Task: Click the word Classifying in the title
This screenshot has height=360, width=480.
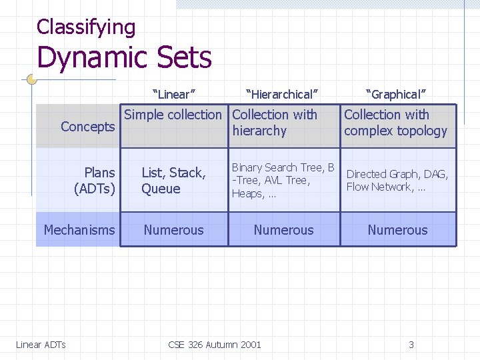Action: coord(86,27)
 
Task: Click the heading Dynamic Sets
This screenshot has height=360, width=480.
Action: coord(124,57)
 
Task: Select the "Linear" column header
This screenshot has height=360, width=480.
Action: coord(174,94)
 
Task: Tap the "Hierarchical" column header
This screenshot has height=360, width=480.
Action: coord(282,94)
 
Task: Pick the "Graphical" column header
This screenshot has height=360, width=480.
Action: coord(396,94)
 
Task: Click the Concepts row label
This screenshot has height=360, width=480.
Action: coord(87,127)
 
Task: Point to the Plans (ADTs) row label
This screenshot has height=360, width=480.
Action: coord(95,181)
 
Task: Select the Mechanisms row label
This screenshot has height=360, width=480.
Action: coord(79,230)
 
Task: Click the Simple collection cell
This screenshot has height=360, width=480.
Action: coord(173,115)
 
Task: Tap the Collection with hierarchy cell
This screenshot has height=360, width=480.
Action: coord(274,123)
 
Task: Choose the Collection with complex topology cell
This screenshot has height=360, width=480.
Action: coord(395,123)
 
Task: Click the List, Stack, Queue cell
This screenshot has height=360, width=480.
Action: coord(173,181)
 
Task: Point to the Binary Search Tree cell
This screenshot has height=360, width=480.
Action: coord(283,180)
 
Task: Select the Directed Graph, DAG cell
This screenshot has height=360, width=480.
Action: coord(397,180)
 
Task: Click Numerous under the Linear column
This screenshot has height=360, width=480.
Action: coord(174,230)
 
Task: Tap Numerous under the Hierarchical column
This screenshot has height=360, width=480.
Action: coord(283,230)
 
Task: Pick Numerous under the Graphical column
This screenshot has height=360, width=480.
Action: coord(397,230)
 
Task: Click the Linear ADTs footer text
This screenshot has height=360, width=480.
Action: coord(41,345)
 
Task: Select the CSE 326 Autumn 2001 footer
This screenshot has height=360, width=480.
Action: coord(215,345)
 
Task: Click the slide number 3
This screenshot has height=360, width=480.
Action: coord(411,345)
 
